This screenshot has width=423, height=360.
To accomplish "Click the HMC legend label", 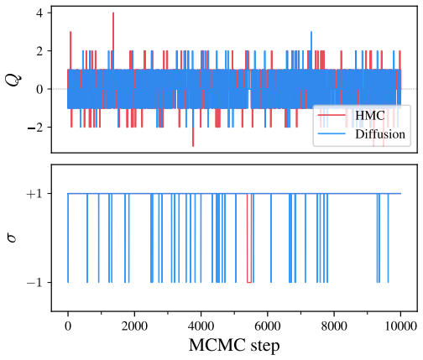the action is tap(370, 115).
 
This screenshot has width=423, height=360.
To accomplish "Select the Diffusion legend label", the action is tap(380, 134).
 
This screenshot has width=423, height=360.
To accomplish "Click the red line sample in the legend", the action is tap(332, 115).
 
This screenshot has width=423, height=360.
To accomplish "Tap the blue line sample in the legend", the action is tap(332, 134).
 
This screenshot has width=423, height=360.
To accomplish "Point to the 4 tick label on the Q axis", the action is tap(39, 13).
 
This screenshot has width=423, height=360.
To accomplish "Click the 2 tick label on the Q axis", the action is tap(39, 51).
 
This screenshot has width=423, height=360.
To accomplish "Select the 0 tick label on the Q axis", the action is tap(39, 89).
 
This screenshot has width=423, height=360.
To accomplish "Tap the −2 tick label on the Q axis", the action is tap(35, 127).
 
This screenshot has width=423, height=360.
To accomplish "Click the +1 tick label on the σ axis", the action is tap(35, 194).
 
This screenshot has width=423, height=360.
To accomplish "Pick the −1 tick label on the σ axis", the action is tap(35, 283).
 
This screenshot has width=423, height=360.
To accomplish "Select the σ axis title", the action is tap(13, 238).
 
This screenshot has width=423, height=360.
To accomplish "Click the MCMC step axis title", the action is tap(234, 346).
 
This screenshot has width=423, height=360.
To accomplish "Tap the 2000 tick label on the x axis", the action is tap(134, 326).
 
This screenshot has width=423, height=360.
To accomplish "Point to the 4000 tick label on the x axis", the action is tap(201, 326).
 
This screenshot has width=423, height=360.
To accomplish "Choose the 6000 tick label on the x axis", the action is tap(268, 326).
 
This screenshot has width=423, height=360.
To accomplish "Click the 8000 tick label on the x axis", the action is tap(334, 326).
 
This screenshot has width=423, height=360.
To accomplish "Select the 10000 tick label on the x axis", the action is tap(401, 326).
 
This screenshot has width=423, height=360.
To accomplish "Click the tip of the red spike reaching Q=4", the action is tap(113, 13).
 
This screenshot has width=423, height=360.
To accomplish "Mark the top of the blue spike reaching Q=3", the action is tap(311, 32).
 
